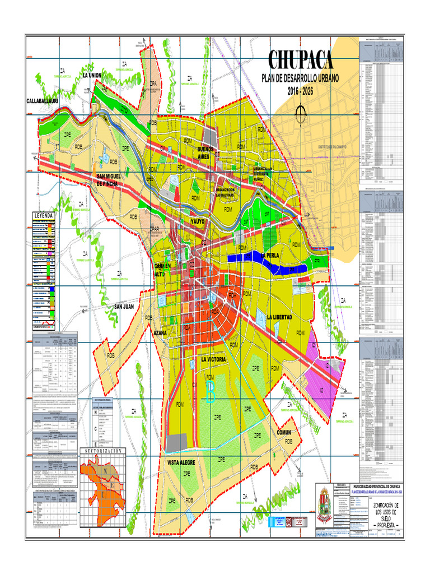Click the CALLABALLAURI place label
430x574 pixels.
(43, 100)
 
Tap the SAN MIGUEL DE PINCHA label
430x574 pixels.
(114, 180)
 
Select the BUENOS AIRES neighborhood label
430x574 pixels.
(205, 153)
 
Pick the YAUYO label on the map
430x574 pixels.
(198, 221)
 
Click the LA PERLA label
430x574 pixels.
(270, 256)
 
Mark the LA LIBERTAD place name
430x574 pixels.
(279, 317)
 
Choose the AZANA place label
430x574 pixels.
(160, 333)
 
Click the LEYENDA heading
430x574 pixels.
(43, 216)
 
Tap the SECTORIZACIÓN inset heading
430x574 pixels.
(103, 451)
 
